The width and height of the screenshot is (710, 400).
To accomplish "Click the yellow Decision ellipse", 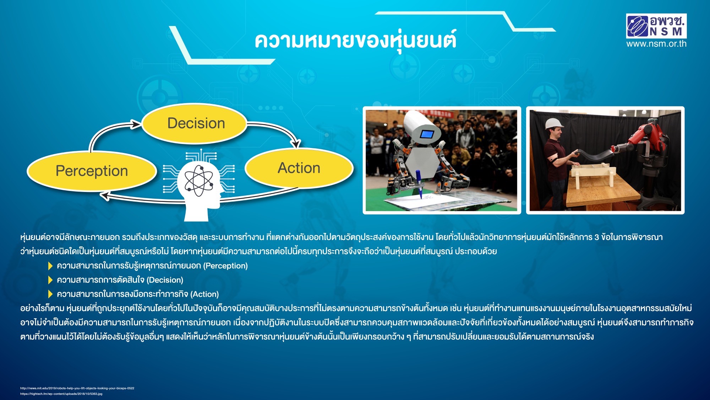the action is (194, 123).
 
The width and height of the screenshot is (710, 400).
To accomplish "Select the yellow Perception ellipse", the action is (92, 171).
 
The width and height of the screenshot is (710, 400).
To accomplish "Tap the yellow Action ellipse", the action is (299, 168).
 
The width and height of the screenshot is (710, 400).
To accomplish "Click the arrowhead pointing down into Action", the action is (295, 143).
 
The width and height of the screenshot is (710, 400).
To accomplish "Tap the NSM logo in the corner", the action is (656, 26).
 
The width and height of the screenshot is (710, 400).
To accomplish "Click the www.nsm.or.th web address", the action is (656, 44).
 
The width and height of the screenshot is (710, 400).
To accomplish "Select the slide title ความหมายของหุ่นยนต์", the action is (355, 41).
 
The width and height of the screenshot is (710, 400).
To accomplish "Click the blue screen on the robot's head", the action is (427, 134).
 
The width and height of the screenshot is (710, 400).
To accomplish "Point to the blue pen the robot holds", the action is (419, 183).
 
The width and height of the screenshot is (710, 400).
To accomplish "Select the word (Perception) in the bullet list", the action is (225, 266).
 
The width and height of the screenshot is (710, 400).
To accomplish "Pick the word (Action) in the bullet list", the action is (204, 294).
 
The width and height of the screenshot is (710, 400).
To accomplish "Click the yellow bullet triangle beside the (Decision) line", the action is (50, 280).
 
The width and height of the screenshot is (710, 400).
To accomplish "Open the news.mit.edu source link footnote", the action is (77, 388).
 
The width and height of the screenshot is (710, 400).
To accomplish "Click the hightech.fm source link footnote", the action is (61, 394).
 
